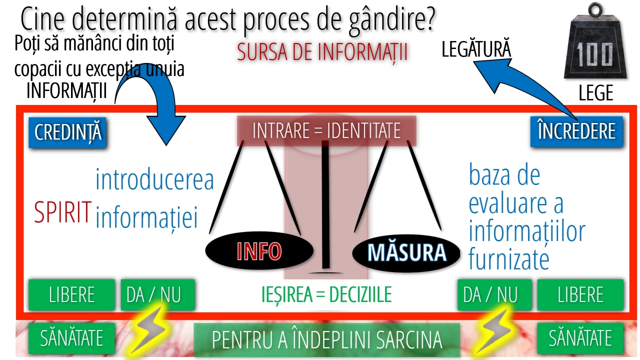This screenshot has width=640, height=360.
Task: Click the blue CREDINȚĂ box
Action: [67, 132]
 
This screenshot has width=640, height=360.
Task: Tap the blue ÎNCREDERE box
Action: [576, 131]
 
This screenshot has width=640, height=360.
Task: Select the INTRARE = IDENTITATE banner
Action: [326, 131]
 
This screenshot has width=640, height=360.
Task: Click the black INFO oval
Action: [259, 251]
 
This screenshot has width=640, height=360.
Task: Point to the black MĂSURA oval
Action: [406, 252]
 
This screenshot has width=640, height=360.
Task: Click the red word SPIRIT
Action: [63, 212]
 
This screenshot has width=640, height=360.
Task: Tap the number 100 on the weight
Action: [594, 55]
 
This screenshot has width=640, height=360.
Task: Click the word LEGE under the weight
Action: [596, 92]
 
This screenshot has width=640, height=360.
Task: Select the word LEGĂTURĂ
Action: [476, 48]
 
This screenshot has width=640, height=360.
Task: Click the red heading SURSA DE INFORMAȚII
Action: [322, 52]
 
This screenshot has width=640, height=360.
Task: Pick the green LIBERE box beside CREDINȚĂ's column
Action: [71, 295]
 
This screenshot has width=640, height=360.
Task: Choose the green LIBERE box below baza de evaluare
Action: [580, 295]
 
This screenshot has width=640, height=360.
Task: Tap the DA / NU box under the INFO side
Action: [157, 295]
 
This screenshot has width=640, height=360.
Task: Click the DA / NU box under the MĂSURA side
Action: [494, 295]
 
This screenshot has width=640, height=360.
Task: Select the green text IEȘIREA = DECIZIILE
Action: [326, 294]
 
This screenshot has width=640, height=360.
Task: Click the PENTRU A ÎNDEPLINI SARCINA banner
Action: [327, 340]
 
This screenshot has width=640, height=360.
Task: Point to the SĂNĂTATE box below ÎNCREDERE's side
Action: [580, 338]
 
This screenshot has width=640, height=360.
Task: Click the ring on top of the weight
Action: [595, 9]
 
